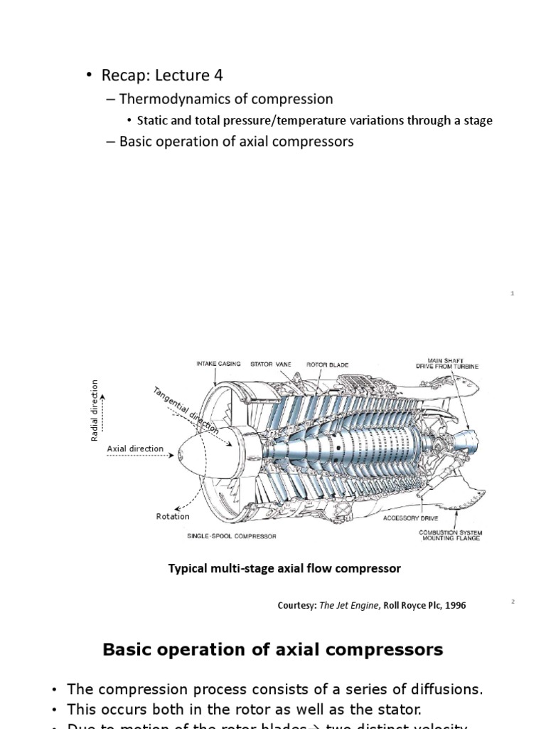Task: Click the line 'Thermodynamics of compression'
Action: [225, 99]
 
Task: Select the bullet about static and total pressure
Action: [314, 120]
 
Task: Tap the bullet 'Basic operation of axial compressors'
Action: [235, 142]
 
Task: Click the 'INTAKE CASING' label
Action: [218, 364]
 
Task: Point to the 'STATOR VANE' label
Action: [271, 364]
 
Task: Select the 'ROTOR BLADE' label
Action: [327, 364]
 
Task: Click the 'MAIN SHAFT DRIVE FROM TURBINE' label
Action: [447, 364]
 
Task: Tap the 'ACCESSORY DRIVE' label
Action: [411, 518]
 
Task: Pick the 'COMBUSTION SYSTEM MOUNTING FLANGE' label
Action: [449, 535]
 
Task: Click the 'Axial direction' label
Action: [135, 449]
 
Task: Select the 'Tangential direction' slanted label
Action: [186, 409]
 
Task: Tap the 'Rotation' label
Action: [173, 516]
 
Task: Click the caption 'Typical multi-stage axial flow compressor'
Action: [284, 568]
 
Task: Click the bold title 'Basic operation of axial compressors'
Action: [273, 649]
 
